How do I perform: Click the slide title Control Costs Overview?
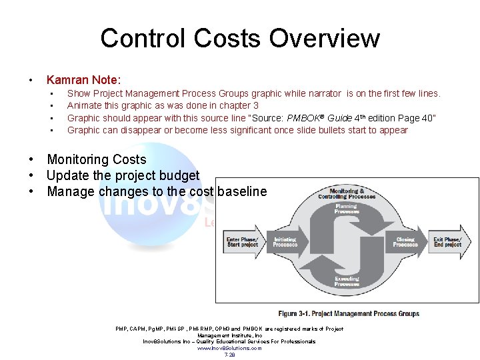[x=240, y=38]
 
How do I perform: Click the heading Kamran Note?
[x=83, y=80]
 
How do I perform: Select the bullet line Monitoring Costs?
[x=96, y=159]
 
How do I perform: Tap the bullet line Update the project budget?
[x=123, y=175]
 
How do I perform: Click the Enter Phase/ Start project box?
[x=242, y=241]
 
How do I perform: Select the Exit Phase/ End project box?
[x=447, y=241]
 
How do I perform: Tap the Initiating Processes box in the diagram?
[x=285, y=241]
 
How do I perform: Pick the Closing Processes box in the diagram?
[x=405, y=241]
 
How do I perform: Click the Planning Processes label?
[x=347, y=209]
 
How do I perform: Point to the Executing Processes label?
[x=347, y=281]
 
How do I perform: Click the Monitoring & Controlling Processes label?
[x=347, y=193]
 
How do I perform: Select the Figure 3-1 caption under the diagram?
[x=349, y=313]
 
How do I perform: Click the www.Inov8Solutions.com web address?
[x=229, y=348]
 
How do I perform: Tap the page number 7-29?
[x=229, y=355]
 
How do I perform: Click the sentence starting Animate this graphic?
[x=163, y=105]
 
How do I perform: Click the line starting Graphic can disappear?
[x=237, y=130]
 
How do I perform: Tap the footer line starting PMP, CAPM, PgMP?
[x=229, y=329]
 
